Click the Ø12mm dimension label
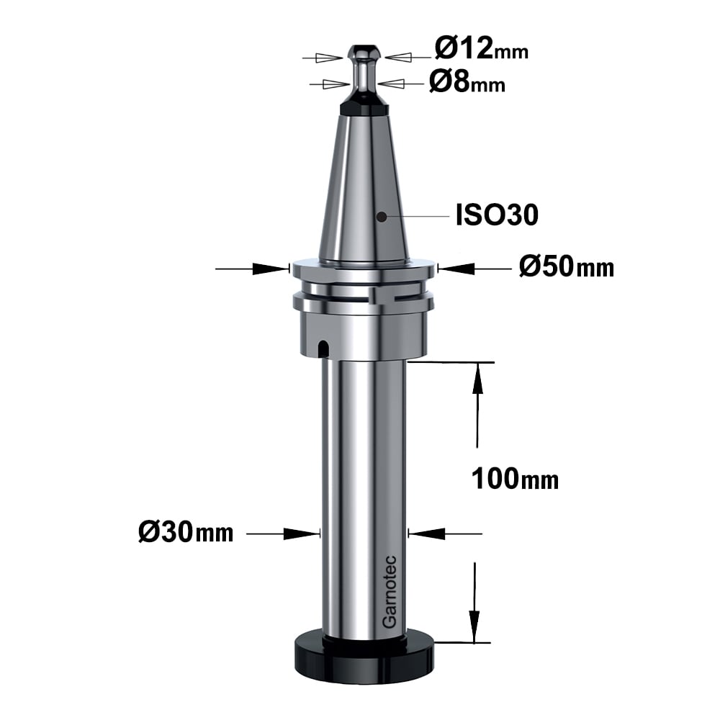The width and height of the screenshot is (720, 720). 482,49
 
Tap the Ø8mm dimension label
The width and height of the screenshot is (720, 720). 467,83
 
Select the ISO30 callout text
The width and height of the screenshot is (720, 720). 497,215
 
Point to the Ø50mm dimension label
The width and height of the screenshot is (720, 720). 567,267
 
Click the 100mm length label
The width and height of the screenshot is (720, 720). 516,479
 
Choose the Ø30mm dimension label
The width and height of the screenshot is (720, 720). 186,533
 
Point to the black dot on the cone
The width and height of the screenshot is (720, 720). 381,216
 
